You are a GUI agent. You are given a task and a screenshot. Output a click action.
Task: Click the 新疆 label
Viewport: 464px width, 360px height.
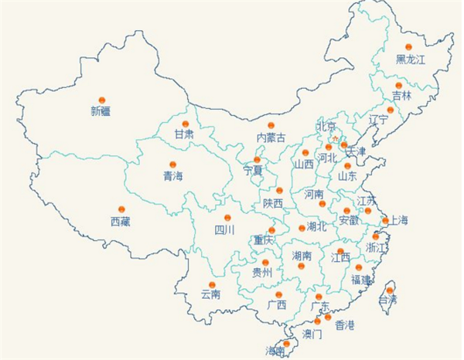tap(101, 111)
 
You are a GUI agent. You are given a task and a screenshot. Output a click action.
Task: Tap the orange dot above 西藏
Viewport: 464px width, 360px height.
tap(121, 209)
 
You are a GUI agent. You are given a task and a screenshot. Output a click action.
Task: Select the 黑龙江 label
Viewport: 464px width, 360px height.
tap(411, 59)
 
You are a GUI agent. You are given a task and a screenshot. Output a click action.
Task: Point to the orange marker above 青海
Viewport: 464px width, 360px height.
tap(172, 165)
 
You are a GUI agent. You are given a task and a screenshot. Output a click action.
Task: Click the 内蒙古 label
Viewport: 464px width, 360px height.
tap(271, 138)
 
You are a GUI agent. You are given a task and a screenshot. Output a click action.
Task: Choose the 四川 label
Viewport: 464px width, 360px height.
tap(224, 230)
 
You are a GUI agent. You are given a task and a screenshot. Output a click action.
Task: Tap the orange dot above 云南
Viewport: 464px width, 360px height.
tap(212, 284)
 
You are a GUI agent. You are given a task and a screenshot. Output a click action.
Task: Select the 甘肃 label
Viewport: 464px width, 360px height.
tap(184, 134)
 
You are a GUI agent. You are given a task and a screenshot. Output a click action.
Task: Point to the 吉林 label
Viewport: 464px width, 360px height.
tap(401, 97)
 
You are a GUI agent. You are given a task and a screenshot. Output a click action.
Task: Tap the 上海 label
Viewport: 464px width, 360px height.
tap(397, 220)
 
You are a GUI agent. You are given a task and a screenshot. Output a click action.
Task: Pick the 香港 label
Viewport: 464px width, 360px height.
tap(344, 325)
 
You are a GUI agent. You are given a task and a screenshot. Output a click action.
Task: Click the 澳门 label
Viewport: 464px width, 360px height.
tap(312, 335)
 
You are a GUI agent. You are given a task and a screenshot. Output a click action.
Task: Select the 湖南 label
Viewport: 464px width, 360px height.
tap(302, 255)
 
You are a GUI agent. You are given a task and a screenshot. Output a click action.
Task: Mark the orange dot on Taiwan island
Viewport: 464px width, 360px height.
tap(390, 290)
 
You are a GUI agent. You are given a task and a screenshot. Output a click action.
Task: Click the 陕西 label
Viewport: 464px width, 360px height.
tap(272, 203)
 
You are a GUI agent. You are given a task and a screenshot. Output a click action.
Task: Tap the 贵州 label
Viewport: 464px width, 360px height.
tap(263, 273)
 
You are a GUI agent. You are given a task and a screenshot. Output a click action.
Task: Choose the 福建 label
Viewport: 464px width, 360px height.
tap(361, 279)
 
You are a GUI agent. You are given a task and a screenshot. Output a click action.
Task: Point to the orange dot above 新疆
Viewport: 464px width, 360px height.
tap(101, 100)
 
